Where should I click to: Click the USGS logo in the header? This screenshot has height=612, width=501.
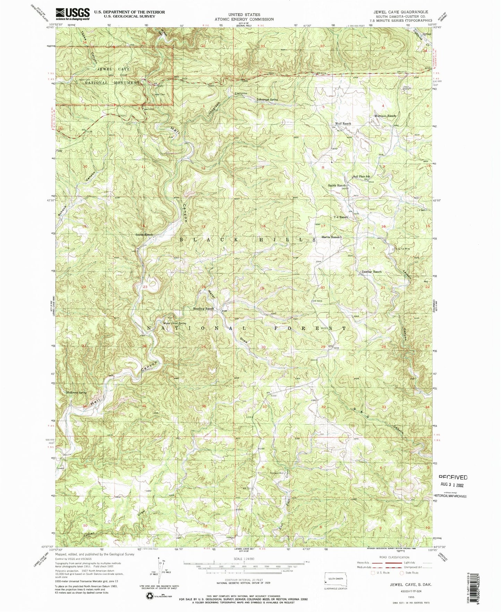(72, 14)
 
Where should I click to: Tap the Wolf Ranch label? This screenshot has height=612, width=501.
(343, 124)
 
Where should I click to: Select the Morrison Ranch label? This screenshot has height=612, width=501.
(385, 116)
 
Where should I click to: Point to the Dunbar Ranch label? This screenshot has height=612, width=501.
(371, 272)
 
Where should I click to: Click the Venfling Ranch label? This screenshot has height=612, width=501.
(204, 309)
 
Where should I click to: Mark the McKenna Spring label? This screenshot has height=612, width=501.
(76, 393)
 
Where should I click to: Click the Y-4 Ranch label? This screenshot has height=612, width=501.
(340, 217)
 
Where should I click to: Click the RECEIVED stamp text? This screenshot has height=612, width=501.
(453, 477)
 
